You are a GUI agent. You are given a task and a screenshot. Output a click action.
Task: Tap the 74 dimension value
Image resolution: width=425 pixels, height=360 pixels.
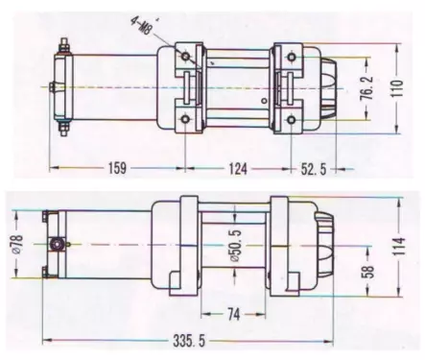tap(234, 314)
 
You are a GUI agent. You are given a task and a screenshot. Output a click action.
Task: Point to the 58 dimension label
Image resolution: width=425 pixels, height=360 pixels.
tap(367, 274)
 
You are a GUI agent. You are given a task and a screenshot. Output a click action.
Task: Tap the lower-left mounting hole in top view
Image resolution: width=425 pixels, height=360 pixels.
tap(182, 119)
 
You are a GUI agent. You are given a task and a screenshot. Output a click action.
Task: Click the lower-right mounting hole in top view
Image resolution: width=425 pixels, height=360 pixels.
tap(289, 119)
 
